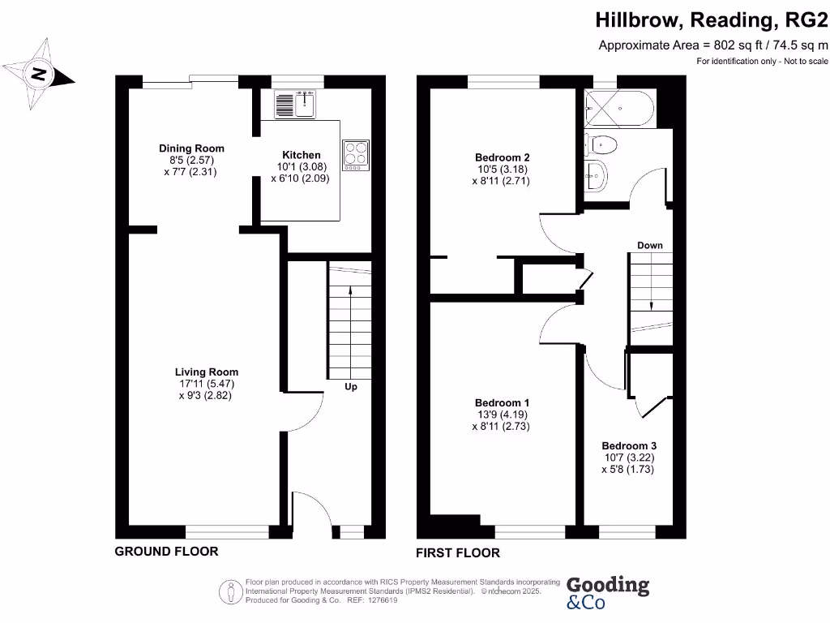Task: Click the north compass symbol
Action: (38, 75)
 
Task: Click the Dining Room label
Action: (191, 148)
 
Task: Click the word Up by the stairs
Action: (351, 387)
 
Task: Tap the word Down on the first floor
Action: (649, 245)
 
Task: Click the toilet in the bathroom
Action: (602, 145)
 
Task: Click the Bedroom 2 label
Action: (502, 157)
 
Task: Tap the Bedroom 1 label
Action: (502, 403)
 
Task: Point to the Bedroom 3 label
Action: (628, 445)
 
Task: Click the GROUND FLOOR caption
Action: (166, 552)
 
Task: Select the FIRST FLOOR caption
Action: (458, 553)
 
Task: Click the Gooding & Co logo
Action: (607, 593)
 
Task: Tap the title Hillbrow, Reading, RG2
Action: (712, 19)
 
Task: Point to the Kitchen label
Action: (301, 155)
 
